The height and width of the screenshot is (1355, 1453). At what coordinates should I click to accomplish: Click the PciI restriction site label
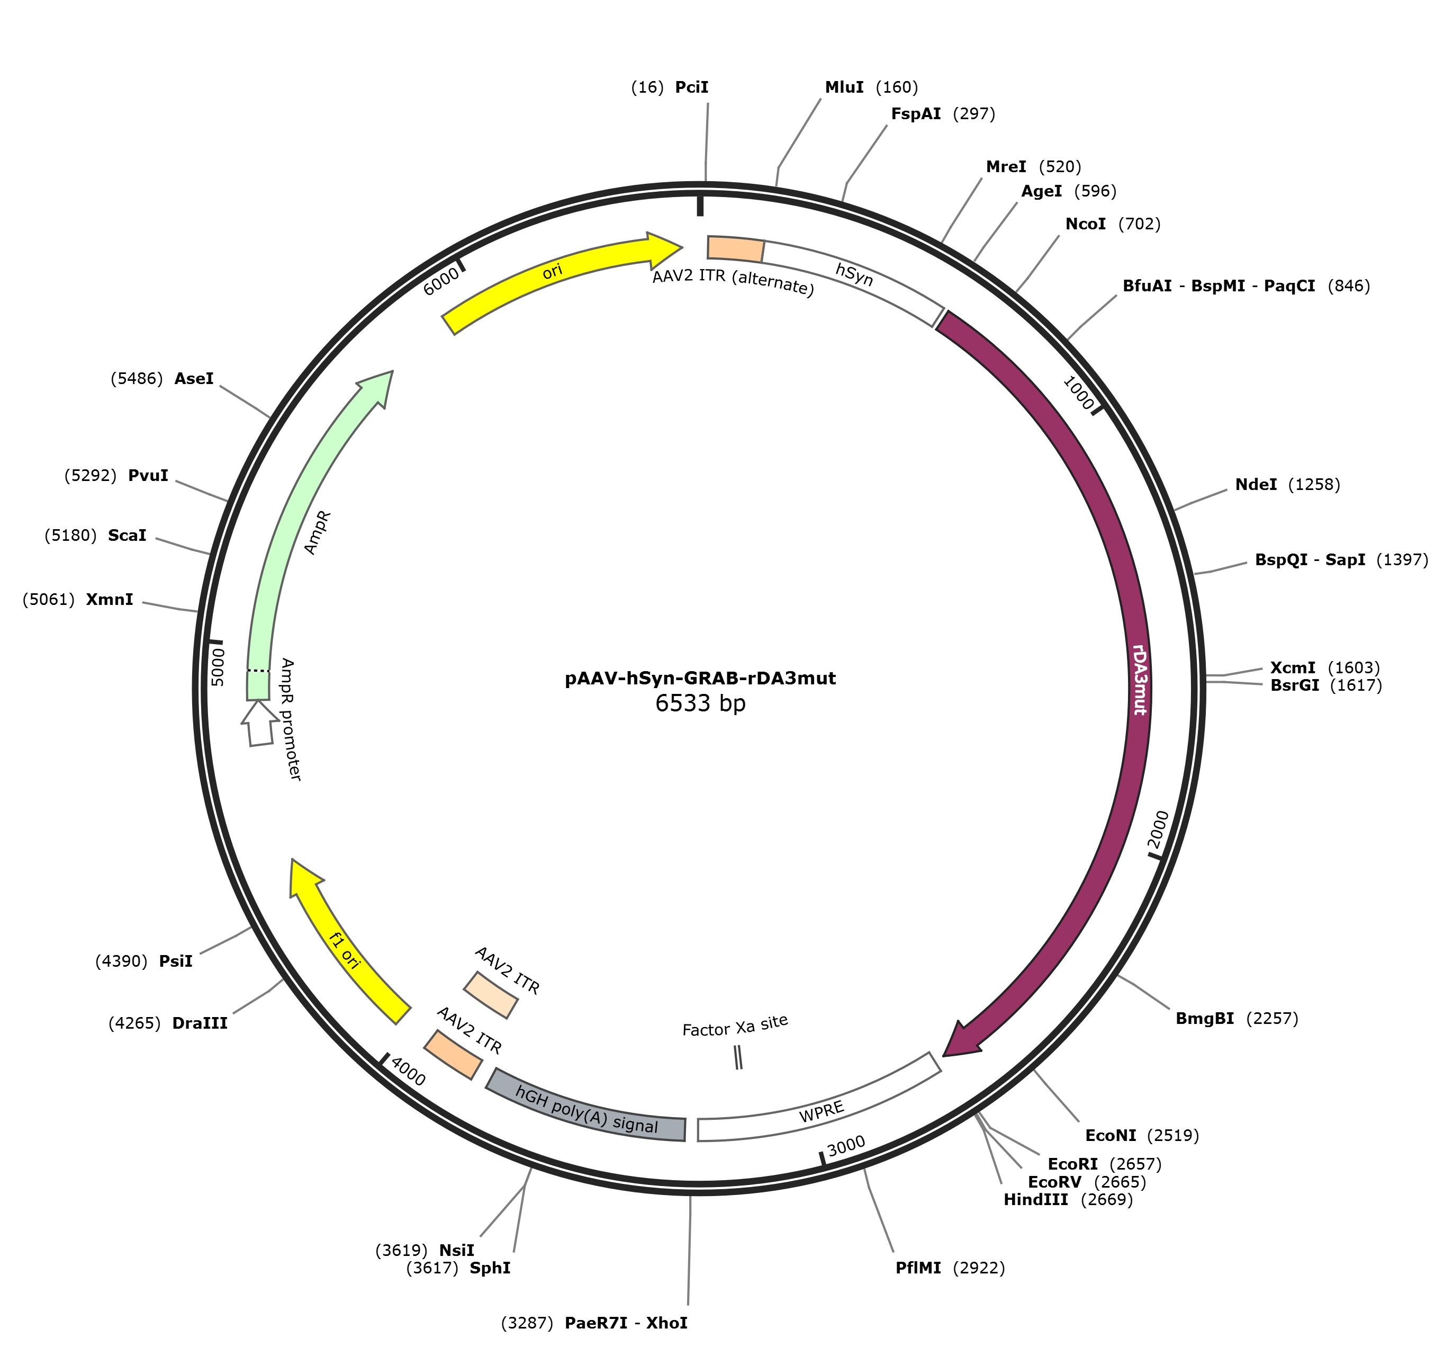coord(691,88)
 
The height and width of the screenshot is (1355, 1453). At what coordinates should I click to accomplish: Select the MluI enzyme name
coord(844,88)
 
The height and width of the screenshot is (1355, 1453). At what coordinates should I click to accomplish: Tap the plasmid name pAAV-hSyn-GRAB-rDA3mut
coord(700,678)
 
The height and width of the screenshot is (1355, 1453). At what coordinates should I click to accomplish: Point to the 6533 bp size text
coord(700,703)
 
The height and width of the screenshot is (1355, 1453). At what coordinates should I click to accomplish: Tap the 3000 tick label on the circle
coord(846,1146)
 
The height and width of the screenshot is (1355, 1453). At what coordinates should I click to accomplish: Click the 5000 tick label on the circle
coord(218,666)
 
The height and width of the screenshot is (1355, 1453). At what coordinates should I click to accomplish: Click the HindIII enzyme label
coord(1036,1200)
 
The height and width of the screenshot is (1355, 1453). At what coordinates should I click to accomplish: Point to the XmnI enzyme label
coord(110,600)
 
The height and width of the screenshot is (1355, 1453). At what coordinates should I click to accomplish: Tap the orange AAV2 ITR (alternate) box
coord(735,248)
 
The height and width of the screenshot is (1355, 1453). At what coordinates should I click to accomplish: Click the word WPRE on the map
coord(822,1112)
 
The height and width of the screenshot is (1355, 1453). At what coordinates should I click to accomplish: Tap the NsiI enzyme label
coord(457,1251)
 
